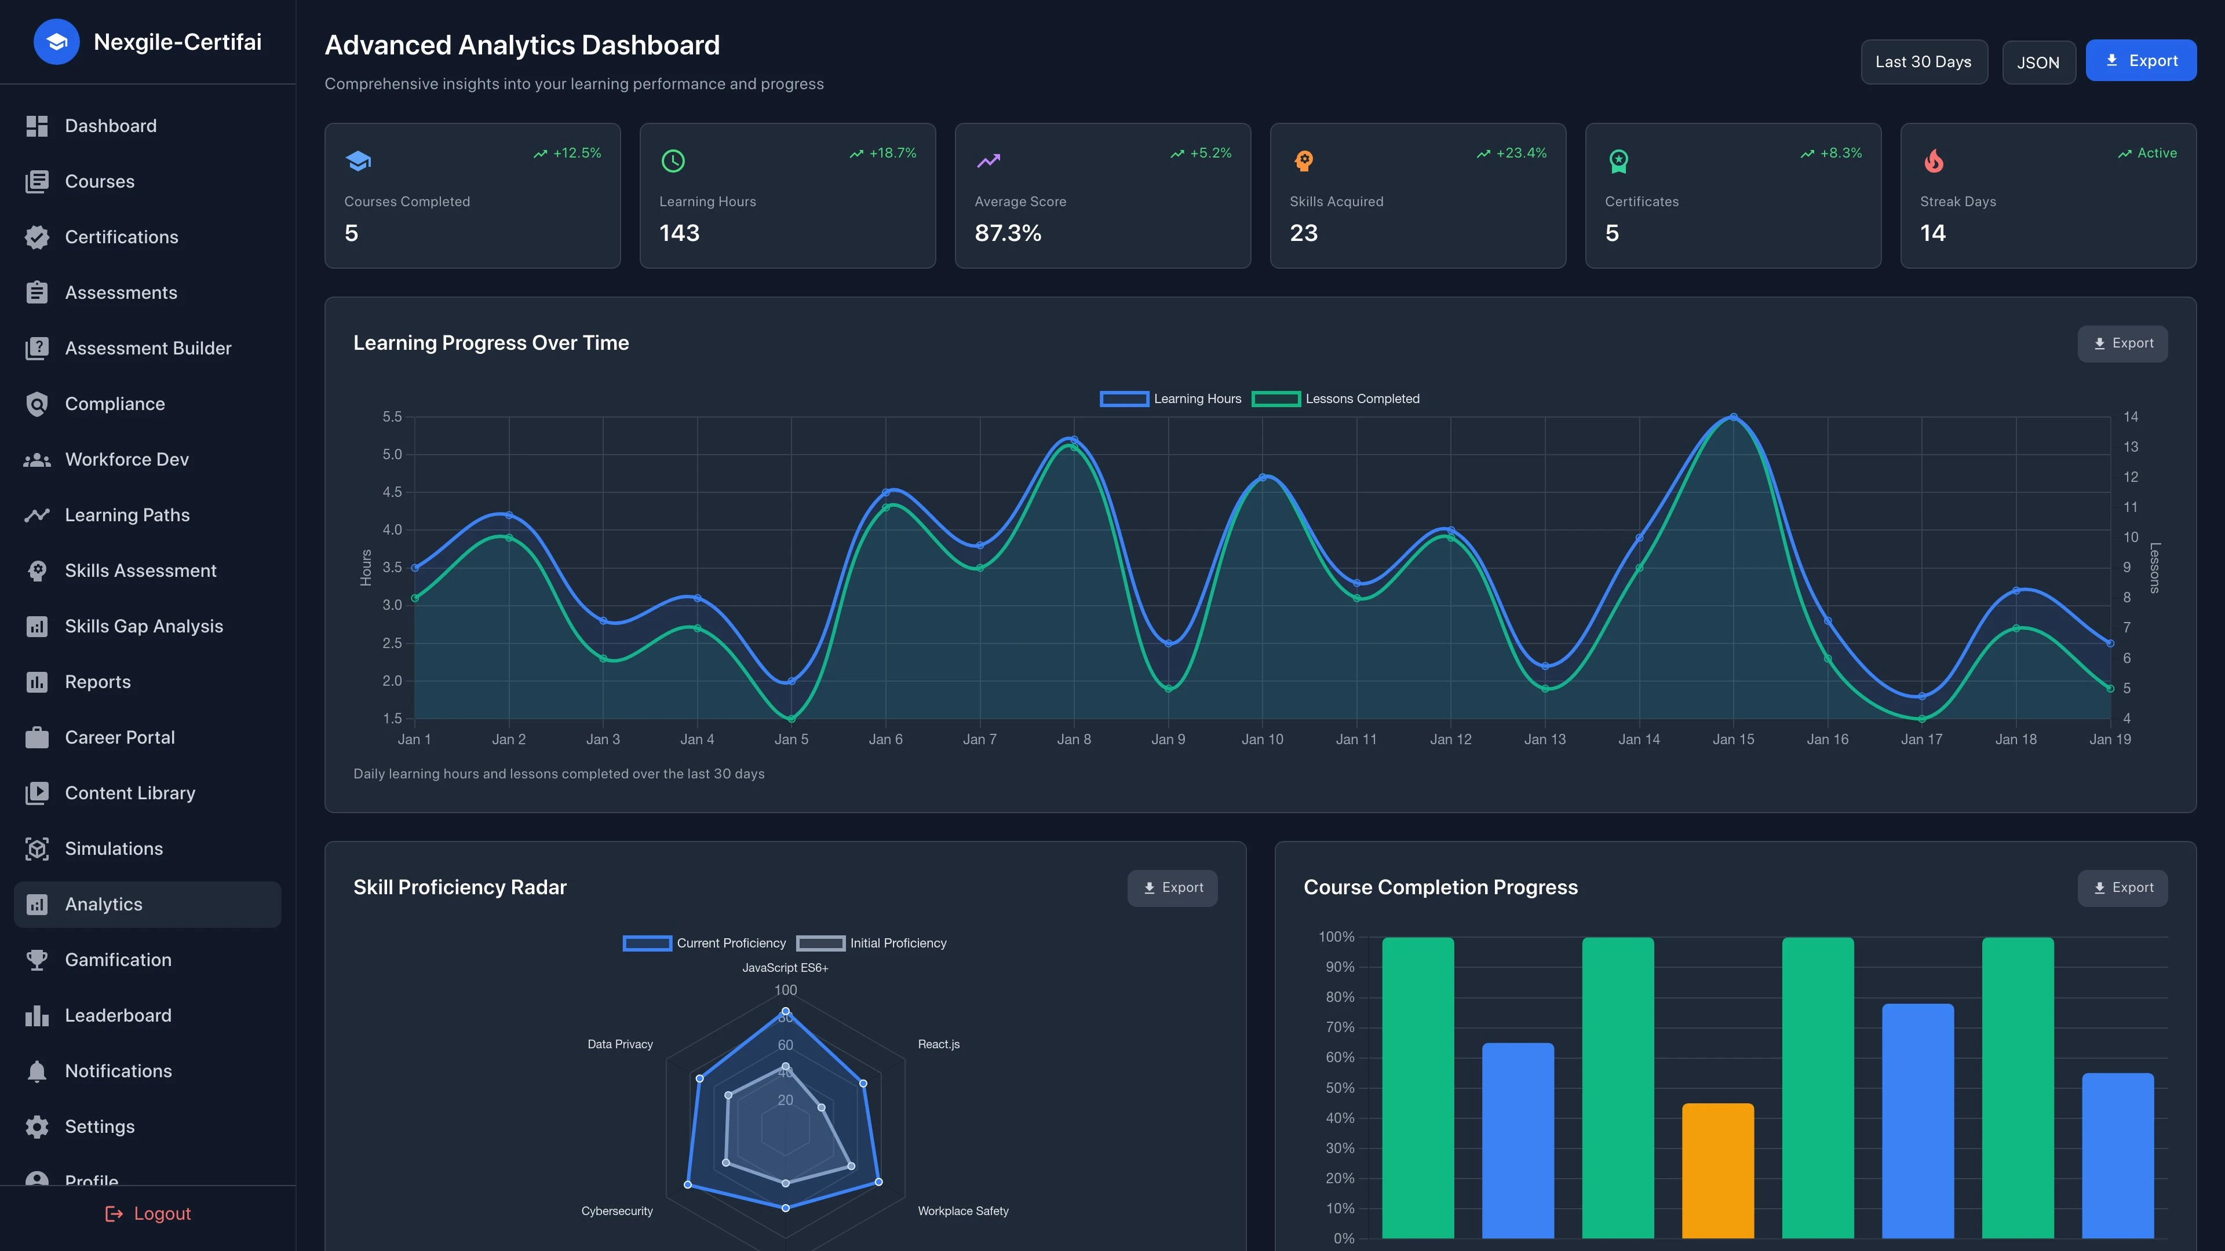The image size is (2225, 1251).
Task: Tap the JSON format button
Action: pos(2038,62)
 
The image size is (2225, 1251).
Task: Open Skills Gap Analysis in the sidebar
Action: pos(143,626)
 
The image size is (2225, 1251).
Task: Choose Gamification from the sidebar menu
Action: pos(118,959)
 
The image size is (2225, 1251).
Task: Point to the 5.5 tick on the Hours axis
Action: pos(392,417)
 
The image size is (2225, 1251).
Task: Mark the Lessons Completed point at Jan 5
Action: pos(791,718)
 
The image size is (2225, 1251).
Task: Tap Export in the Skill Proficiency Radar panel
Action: pos(1172,887)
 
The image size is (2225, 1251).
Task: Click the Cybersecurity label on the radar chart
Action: pos(617,1210)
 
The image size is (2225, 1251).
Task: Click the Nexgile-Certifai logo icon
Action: pos(56,42)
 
